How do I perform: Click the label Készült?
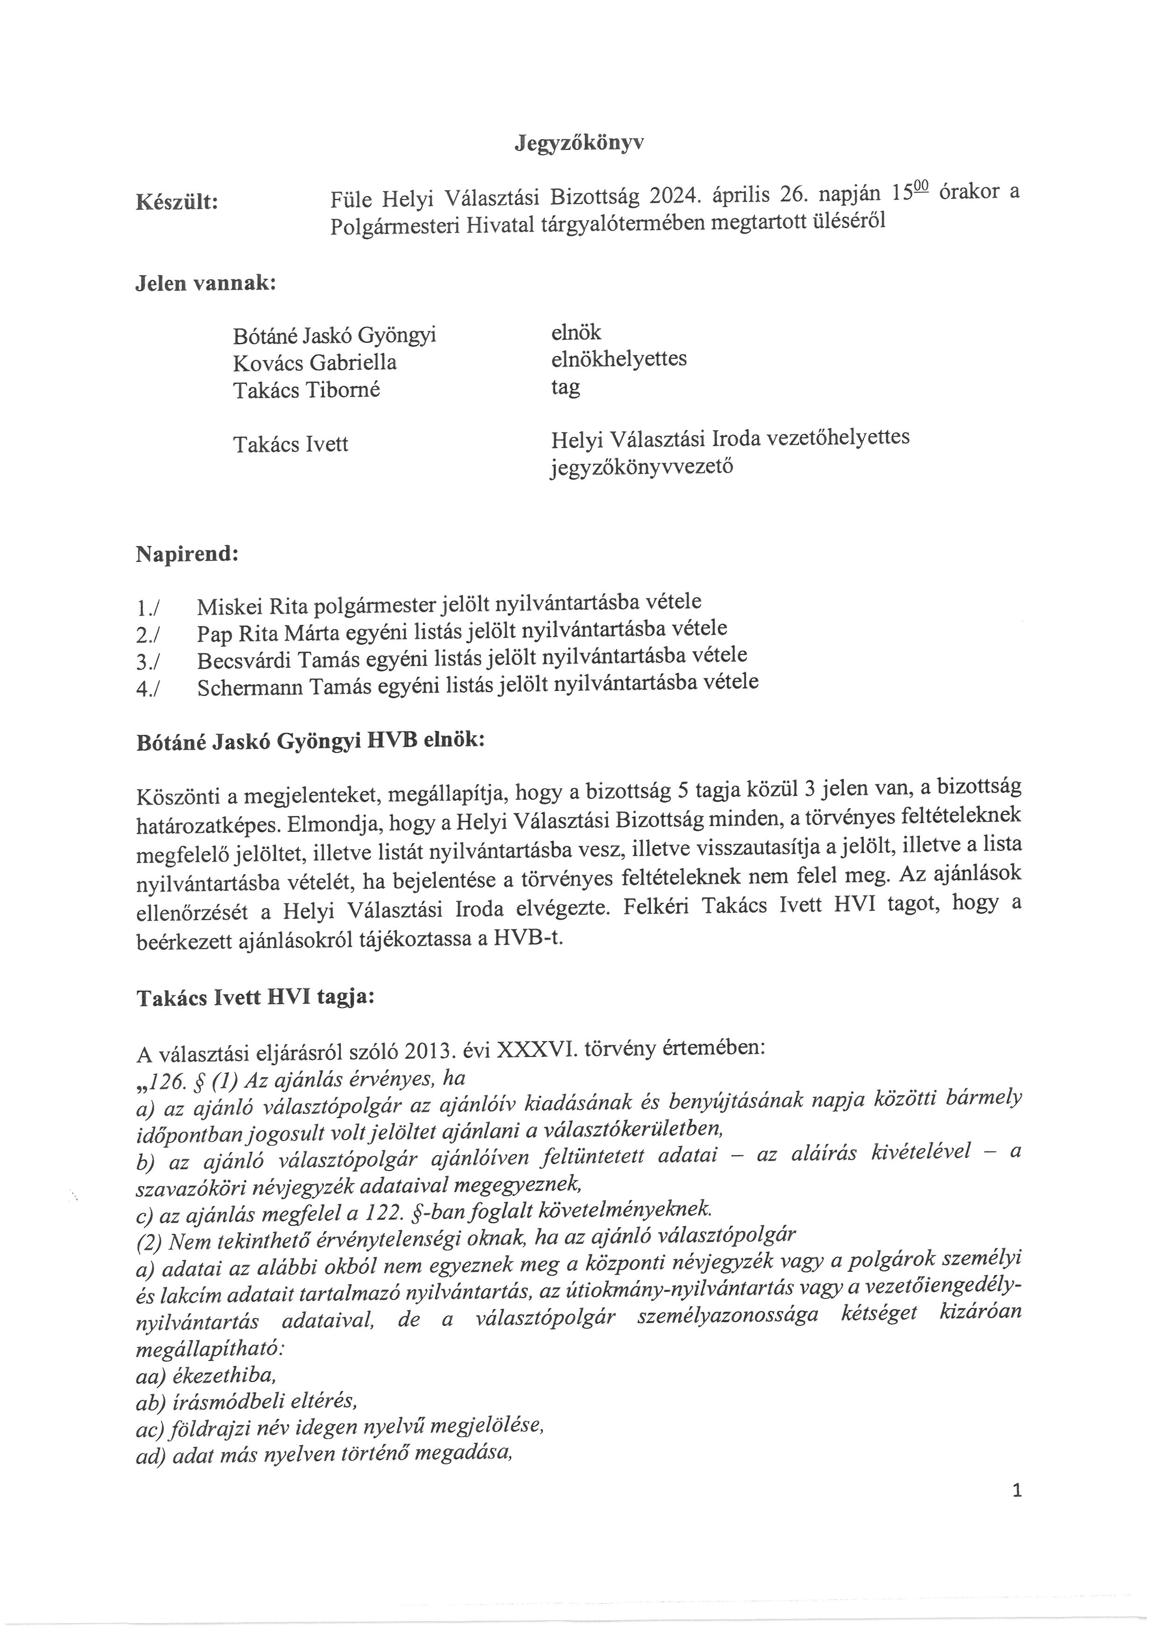click(x=177, y=203)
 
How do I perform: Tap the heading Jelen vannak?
click(x=205, y=283)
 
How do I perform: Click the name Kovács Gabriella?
click(x=314, y=362)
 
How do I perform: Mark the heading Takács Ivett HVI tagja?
click(x=254, y=999)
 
